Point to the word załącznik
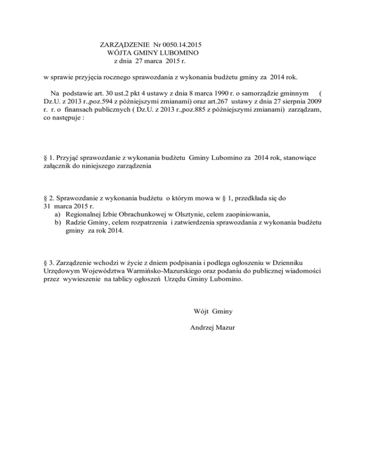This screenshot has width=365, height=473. (x=53, y=166)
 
